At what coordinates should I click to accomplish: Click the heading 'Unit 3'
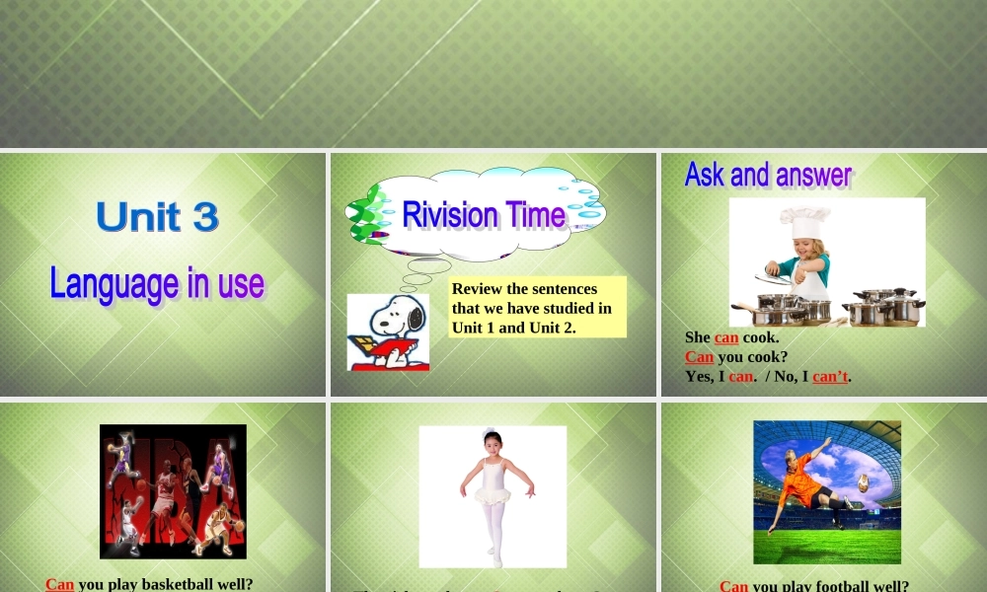pos(157,217)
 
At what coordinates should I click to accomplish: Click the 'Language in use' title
pos(157,284)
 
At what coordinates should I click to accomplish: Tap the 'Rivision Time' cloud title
pos(484,214)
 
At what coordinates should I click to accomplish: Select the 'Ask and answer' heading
pos(768,175)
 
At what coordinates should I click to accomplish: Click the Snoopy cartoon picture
pos(388,332)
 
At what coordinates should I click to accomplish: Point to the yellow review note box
pos(537,308)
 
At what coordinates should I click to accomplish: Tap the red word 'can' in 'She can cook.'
pos(726,337)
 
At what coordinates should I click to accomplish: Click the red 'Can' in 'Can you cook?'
pos(699,356)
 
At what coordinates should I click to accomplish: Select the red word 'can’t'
pos(830,376)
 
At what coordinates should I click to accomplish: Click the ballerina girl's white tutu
pos(493,489)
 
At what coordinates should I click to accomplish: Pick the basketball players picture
pos(173,491)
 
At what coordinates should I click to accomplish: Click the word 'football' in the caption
pos(837,585)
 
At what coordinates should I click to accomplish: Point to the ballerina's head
pos(492,441)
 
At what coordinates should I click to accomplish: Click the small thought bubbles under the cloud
pos(425,267)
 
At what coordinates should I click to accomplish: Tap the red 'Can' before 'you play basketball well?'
pos(60,584)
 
